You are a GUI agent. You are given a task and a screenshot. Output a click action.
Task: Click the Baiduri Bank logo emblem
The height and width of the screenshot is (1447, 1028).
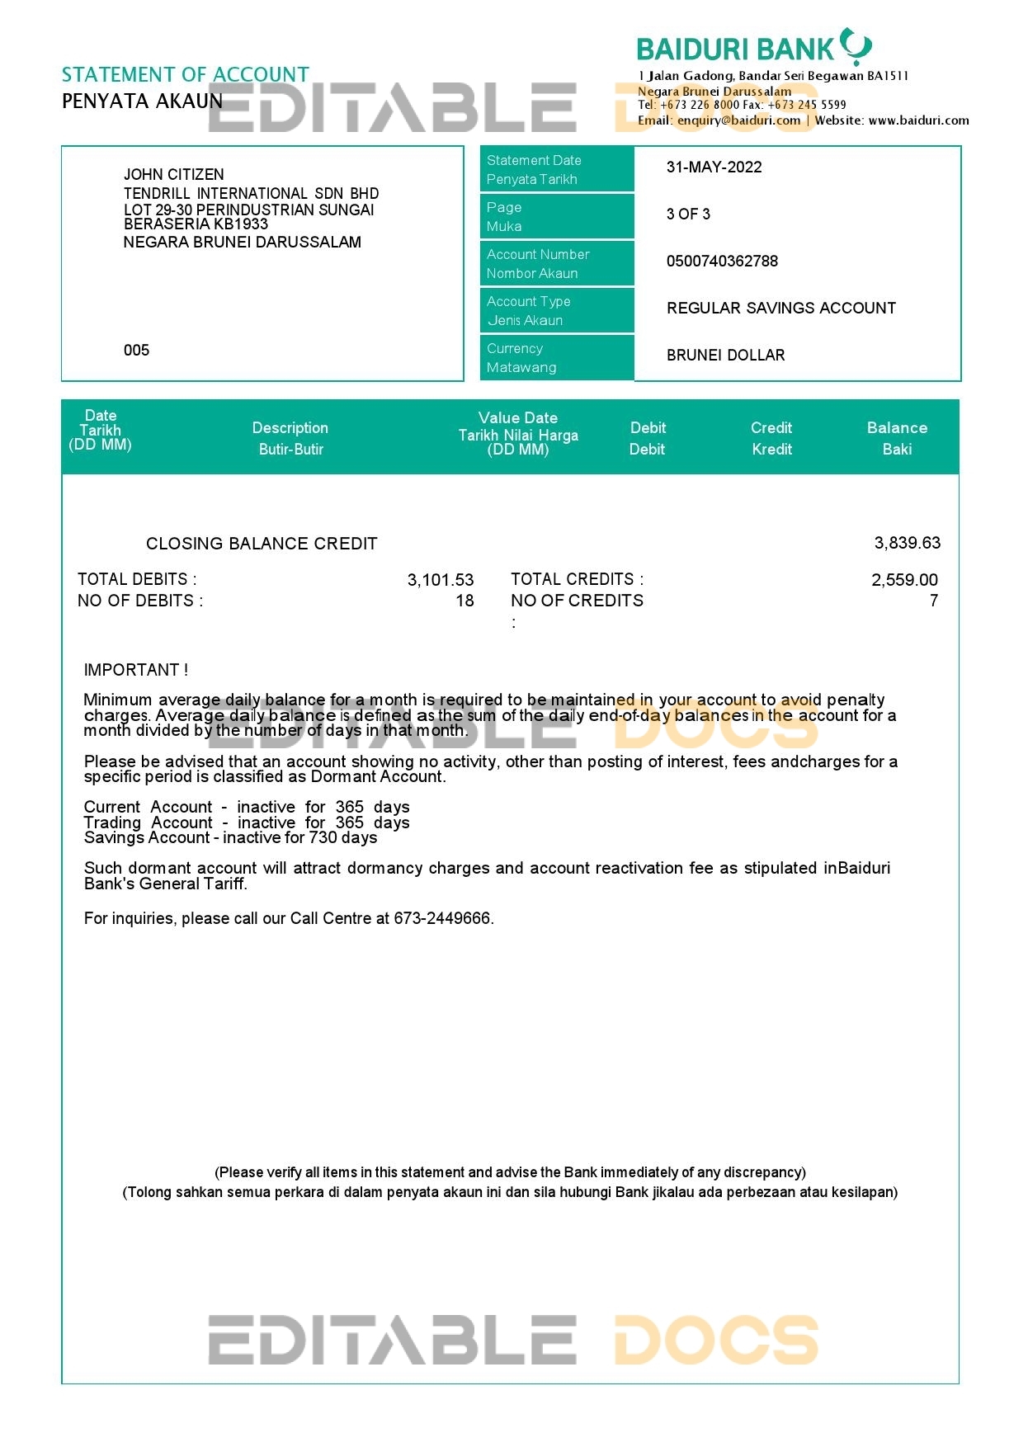pyautogui.click(x=856, y=46)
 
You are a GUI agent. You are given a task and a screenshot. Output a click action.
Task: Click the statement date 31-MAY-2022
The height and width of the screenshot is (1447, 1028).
pyautogui.click(x=714, y=167)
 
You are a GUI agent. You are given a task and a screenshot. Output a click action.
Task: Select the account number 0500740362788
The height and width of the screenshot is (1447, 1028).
pyautogui.click(x=722, y=262)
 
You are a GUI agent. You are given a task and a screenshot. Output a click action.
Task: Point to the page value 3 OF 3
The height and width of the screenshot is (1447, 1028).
pyautogui.click(x=688, y=214)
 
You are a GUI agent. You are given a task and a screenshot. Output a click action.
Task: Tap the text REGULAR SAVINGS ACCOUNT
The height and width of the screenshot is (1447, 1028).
pyautogui.click(x=780, y=309)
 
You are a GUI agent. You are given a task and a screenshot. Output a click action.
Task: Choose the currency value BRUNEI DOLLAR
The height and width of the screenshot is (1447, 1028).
pyautogui.click(x=725, y=356)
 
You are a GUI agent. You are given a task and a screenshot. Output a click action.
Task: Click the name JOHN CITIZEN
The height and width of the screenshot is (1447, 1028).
pyautogui.click(x=173, y=175)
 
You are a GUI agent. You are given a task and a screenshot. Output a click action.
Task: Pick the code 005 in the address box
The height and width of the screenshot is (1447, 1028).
pyautogui.click(x=136, y=351)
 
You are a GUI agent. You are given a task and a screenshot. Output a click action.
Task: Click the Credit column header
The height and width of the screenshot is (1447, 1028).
pyautogui.click(x=771, y=438)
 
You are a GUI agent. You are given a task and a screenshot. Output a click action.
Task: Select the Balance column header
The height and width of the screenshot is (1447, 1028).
pyautogui.click(x=897, y=438)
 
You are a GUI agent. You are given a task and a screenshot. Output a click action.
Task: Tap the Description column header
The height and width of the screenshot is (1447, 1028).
pyautogui.click(x=290, y=438)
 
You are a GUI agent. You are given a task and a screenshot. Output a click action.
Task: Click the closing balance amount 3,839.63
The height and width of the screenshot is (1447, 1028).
pyautogui.click(x=907, y=544)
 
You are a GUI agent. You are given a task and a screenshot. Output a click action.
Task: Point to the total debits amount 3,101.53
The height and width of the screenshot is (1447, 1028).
pyautogui.click(x=441, y=580)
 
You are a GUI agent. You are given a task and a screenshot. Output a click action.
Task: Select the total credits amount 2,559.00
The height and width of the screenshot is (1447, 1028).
pyautogui.click(x=904, y=580)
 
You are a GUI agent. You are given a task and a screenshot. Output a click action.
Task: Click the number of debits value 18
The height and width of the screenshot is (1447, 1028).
pyautogui.click(x=464, y=601)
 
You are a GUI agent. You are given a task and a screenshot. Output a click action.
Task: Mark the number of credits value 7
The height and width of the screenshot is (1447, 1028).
pyautogui.click(x=934, y=601)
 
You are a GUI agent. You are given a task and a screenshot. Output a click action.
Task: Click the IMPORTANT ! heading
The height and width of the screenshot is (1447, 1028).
pyautogui.click(x=136, y=670)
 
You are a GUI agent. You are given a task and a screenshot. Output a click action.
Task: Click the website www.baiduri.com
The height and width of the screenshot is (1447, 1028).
pyautogui.click(x=918, y=120)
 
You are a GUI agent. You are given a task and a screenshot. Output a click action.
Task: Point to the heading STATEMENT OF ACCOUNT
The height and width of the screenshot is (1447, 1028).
pyautogui.click(x=186, y=75)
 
